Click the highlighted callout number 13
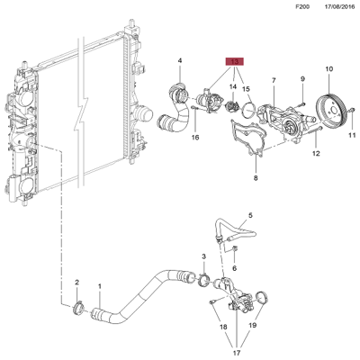pos(235,63)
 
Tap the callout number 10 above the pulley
pos(328,68)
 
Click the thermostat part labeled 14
pos(236,110)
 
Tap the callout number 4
pos(179,61)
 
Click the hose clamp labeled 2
pos(79,310)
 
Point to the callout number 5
pos(251,215)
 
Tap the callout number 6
pos(234,267)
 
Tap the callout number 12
pos(316,154)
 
